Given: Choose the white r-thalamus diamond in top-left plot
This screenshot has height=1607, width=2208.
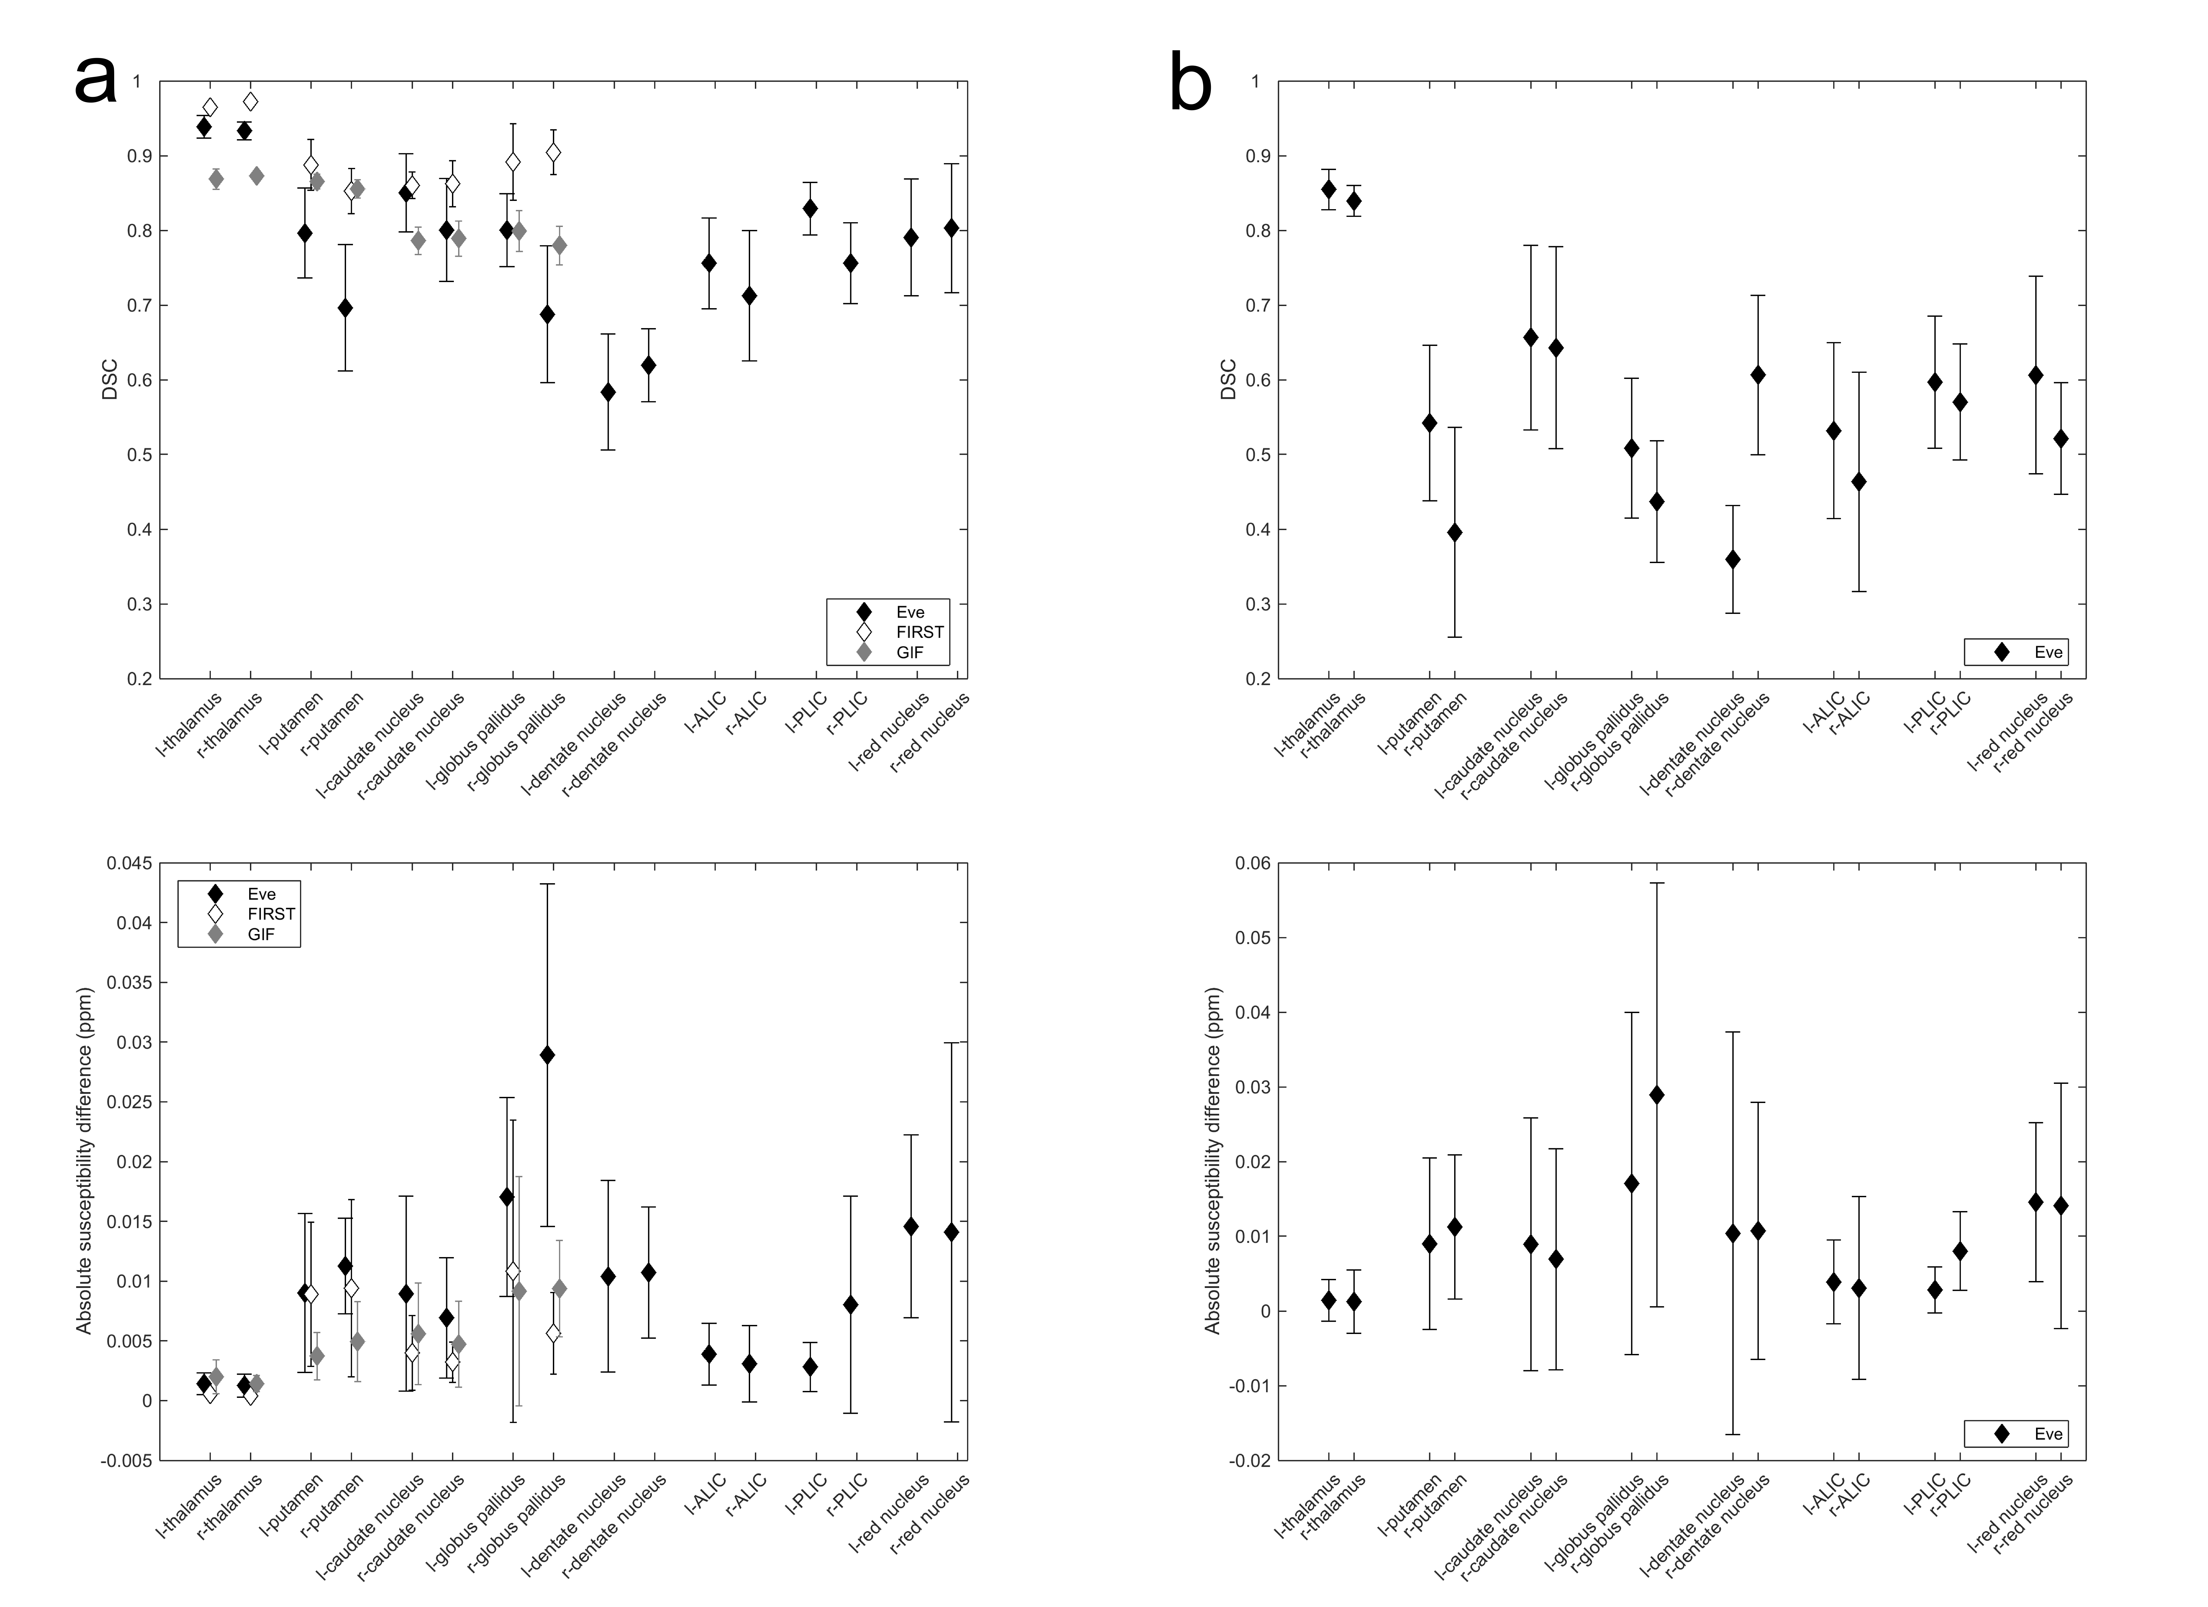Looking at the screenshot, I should [250, 101].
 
